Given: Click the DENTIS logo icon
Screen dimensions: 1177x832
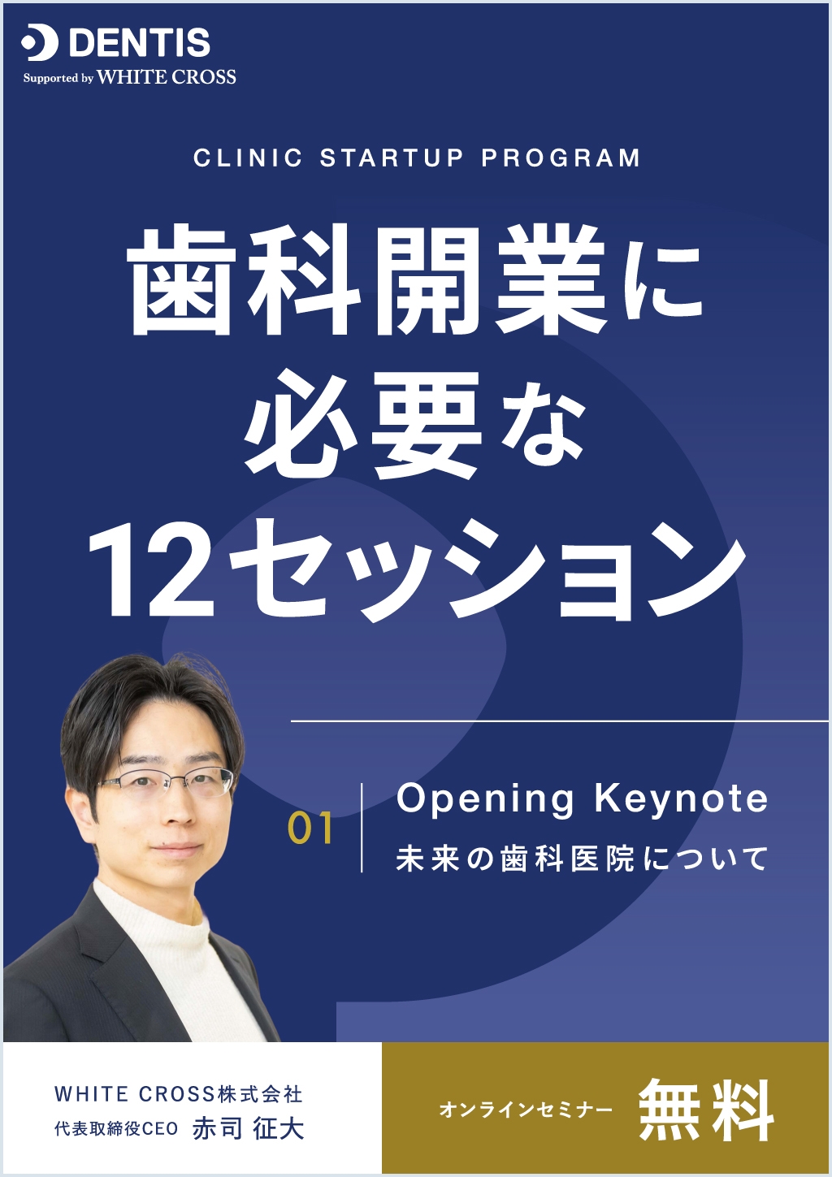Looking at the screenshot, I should (40, 43).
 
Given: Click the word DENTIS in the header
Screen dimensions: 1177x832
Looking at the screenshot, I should (140, 43).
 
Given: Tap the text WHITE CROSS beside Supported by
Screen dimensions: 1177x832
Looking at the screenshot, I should (167, 77).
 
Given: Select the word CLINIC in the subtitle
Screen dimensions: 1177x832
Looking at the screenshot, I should (248, 158).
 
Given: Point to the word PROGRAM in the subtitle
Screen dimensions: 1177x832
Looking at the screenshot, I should (561, 158).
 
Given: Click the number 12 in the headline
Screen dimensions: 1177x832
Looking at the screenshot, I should (151, 569).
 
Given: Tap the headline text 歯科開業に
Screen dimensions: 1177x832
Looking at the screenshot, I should (414, 280).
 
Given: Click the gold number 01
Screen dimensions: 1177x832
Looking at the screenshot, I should (310, 829).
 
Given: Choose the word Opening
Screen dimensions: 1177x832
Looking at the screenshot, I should (485, 799).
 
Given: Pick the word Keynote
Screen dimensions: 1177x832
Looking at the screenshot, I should (681, 799).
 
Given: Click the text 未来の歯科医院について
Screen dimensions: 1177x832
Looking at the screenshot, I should (582, 859).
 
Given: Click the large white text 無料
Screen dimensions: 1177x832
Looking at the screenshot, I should (705, 1110).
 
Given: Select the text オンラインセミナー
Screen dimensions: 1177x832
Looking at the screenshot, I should (526, 1110).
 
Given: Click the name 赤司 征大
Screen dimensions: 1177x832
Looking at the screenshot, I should (249, 1128).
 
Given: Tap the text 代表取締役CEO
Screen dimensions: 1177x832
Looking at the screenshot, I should (116, 1129).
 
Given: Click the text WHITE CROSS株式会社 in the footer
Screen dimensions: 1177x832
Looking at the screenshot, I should (179, 1094).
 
